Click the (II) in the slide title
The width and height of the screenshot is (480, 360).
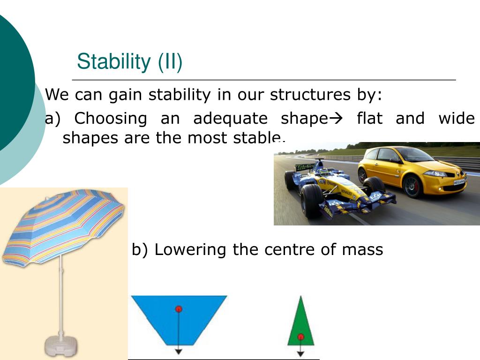click(x=170, y=62)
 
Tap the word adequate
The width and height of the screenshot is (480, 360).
click(x=231, y=119)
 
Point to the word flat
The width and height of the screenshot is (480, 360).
click(x=369, y=118)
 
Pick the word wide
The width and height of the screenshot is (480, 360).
click(x=457, y=118)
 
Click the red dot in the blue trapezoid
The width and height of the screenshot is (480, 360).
click(x=179, y=309)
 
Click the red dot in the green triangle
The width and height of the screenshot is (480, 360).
click(x=300, y=337)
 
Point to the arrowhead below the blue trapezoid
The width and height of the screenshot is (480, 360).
click(x=179, y=352)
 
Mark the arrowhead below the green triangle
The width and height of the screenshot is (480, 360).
click(x=300, y=354)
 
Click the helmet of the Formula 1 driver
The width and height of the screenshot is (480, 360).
click(x=325, y=172)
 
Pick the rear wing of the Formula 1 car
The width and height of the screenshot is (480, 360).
click(x=305, y=167)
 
